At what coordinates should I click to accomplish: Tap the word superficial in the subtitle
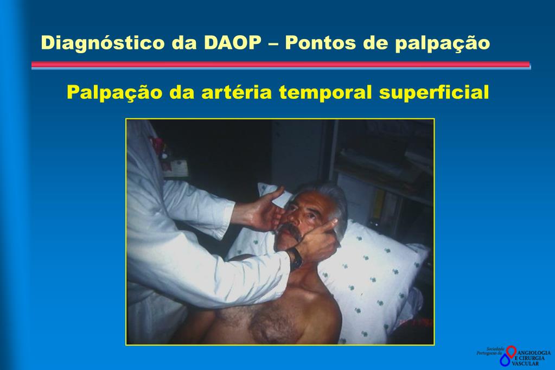pyautogui.click(x=434, y=92)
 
